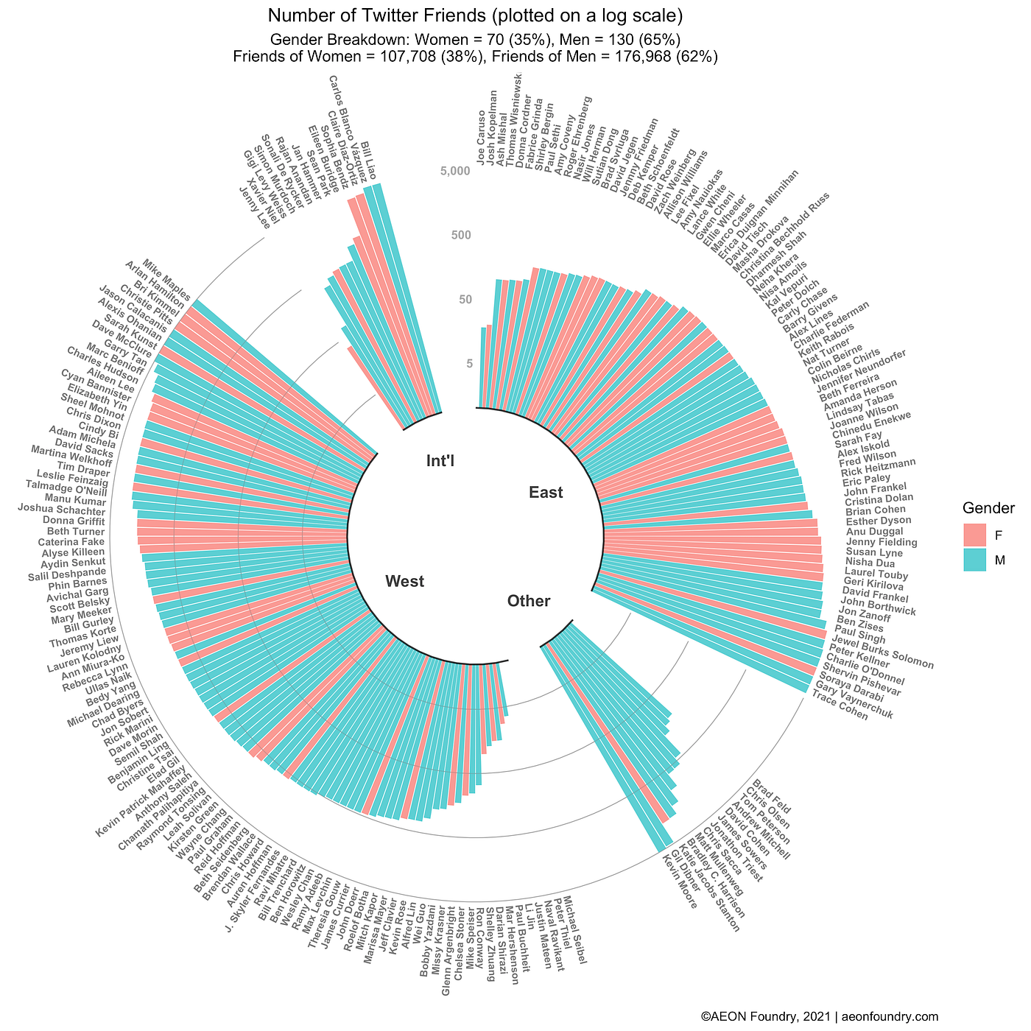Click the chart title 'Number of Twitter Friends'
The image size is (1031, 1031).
tap(475, 15)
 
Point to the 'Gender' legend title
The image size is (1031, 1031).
tap(989, 508)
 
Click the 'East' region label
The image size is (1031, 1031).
tap(546, 493)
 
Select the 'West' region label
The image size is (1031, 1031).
tap(404, 582)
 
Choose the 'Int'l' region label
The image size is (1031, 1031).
tap(440, 461)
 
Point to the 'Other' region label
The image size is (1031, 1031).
tap(529, 601)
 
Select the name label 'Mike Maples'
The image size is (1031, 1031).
tap(166, 277)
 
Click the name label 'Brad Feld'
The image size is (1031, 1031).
tap(771, 798)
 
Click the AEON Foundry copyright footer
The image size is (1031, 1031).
tap(819, 1016)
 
